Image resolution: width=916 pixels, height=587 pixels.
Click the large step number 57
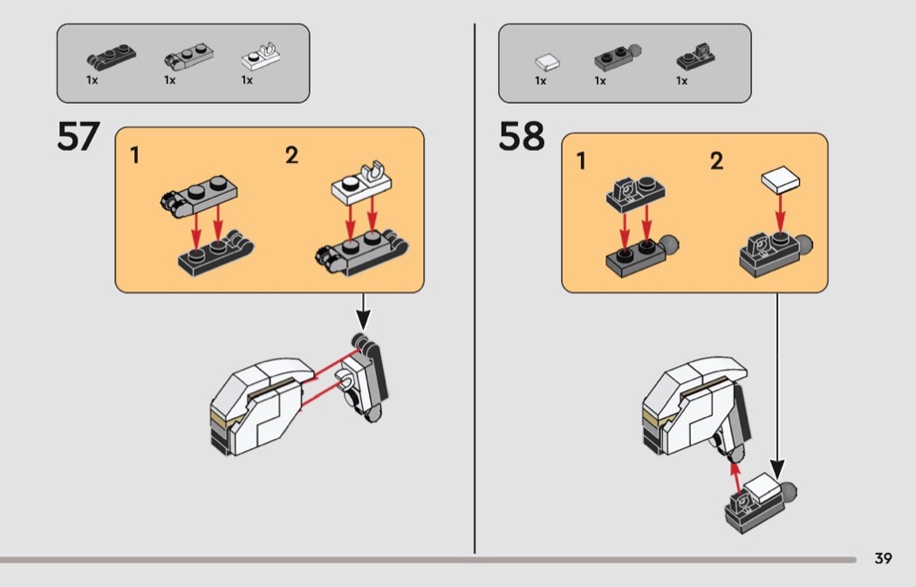pos(79,137)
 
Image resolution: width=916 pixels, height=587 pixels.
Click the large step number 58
pos(522,137)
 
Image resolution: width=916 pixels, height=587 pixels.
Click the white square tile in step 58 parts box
pos(547,61)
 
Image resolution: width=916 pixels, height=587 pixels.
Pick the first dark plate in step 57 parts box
pos(105,58)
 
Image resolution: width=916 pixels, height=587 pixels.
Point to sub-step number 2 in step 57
pos(291,156)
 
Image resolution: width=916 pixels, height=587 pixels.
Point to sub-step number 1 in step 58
pos(581,161)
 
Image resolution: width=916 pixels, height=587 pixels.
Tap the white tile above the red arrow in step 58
pos(781,181)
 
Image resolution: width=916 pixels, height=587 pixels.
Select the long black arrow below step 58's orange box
pos(776,384)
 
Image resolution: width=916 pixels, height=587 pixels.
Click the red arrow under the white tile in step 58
pos(780,215)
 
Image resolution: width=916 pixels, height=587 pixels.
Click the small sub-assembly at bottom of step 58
pos(757,503)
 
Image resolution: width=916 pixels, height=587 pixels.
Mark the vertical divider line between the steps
pos(475,288)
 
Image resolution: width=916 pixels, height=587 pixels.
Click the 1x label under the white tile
pos(541,81)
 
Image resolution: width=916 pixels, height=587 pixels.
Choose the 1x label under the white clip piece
pos(247,80)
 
